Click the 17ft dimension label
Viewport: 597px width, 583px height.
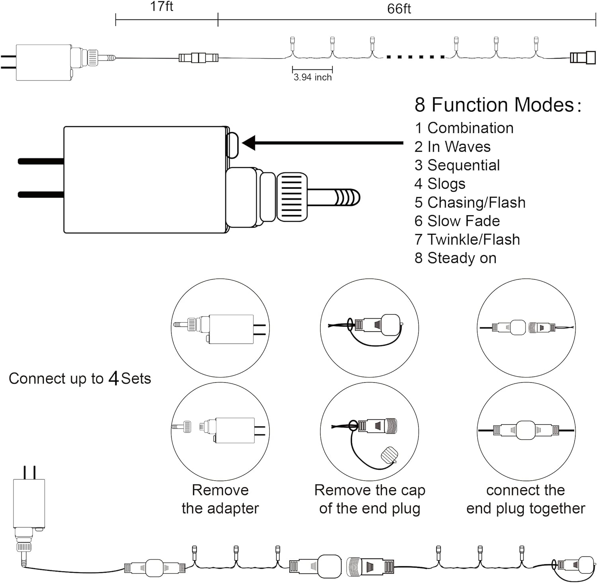[162, 7]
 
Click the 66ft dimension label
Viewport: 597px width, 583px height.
[399, 9]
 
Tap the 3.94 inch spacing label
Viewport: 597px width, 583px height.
[312, 77]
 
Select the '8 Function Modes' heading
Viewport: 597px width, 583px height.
[497, 105]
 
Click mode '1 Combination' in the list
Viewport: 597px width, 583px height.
[464, 128]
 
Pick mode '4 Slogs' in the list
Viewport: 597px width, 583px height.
[440, 184]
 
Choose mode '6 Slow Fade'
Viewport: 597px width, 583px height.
[457, 221]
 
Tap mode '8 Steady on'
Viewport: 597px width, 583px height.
[455, 258]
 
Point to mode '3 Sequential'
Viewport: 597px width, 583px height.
[457, 165]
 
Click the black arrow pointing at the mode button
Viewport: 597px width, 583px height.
[322, 143]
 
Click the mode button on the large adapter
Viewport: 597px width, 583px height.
[232, 145]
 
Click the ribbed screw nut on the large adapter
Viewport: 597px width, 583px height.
[292, 197]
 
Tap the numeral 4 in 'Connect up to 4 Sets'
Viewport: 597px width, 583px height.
[114, 378]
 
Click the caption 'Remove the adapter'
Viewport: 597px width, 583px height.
[220, 499]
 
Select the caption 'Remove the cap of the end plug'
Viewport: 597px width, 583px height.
[370, 499]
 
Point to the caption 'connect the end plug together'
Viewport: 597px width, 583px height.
[525, 499]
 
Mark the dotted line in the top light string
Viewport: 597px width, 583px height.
[416, 57]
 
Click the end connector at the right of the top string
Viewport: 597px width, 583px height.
[583, 58]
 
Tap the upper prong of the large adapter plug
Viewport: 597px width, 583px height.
[41, 161]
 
